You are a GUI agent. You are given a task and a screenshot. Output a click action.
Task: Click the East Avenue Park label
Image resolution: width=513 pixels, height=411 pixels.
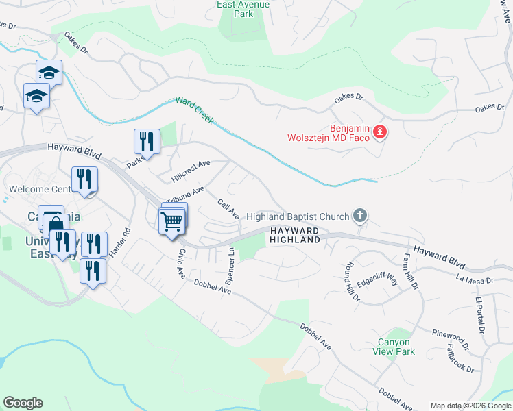coord(243,8)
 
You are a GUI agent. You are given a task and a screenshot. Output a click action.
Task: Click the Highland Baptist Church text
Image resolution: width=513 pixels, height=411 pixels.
coord(298,216)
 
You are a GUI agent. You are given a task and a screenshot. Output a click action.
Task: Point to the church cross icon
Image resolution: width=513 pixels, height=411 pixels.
coord(359,216)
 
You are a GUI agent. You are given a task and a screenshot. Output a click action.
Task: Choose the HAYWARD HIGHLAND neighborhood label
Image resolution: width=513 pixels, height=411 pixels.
coord(294,236)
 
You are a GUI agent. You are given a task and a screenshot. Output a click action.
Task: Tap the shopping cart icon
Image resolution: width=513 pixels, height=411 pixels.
coord(171,221)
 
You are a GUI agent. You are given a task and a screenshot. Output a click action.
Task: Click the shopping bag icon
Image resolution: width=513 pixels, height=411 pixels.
coord(55,224)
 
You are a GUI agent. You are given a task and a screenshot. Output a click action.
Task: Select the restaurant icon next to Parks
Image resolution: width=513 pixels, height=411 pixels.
coord(147,141)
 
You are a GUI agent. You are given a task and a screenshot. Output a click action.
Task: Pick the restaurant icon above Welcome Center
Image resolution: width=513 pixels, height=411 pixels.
coord(84,179)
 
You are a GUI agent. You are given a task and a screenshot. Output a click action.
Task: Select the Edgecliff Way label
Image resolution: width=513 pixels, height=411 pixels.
coord(378,279)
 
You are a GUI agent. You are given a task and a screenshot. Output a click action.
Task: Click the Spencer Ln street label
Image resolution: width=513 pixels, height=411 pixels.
coord(230,267)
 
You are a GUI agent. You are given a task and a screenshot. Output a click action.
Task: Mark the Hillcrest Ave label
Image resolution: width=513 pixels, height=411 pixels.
coord(191,171)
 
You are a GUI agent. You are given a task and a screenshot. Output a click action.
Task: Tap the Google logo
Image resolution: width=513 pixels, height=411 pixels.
coord(23,403)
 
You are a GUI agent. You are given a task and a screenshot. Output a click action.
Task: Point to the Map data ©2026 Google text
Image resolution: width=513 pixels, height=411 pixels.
coord(470,406)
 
